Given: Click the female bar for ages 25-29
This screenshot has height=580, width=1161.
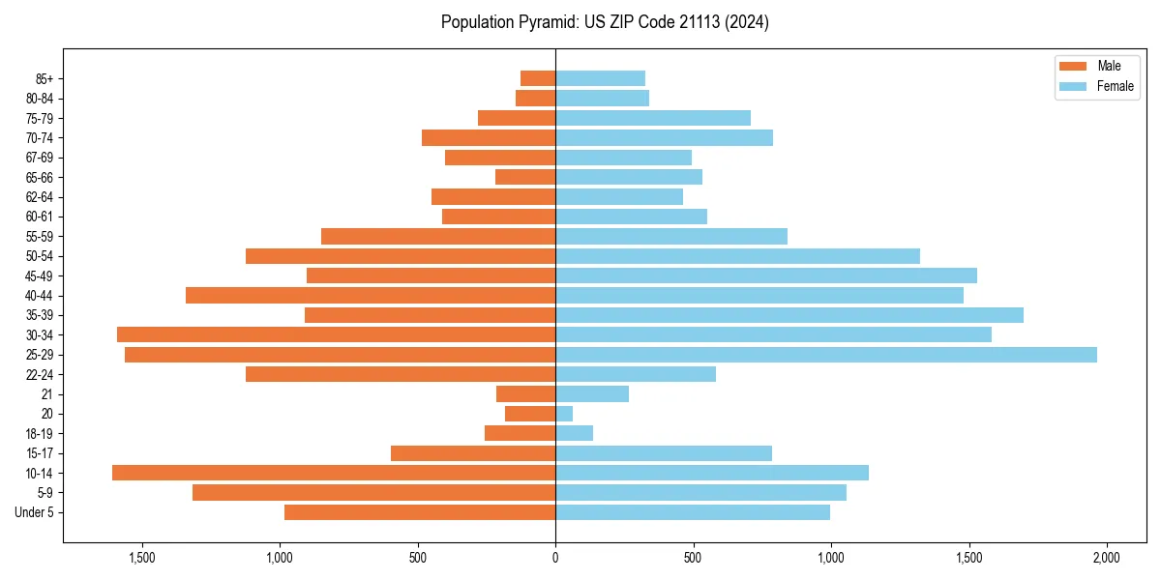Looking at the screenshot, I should tap(825, 355).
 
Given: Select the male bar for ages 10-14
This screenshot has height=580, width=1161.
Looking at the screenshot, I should tap(334, 473).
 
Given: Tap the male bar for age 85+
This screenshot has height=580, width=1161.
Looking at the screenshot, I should tap(538, 78).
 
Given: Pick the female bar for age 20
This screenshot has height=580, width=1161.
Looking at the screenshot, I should tap(564, 414).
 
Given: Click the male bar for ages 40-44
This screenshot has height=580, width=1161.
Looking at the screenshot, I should tap(371, 296).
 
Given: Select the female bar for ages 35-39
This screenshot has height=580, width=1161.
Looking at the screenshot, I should tap(789, 315).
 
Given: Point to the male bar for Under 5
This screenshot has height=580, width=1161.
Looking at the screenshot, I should tap(420, 512).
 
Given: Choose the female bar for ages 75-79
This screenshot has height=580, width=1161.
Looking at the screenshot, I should tap(653, 118).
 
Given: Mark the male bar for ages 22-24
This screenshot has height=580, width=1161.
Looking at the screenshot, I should tap(401, 374).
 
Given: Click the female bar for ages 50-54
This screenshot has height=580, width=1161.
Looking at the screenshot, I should tap(737, 256).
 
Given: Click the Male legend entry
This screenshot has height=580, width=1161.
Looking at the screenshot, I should tap(1090, 66).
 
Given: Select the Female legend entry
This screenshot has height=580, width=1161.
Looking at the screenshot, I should tap(1097, 86).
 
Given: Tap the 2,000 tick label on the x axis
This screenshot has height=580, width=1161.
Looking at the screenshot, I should tap(1106, 559).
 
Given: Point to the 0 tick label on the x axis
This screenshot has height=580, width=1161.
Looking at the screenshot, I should tap(555, 559).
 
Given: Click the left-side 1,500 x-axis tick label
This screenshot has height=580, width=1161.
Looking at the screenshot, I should tap(142, 559).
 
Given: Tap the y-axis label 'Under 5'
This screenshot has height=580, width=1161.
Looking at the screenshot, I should tap(35, 512).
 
